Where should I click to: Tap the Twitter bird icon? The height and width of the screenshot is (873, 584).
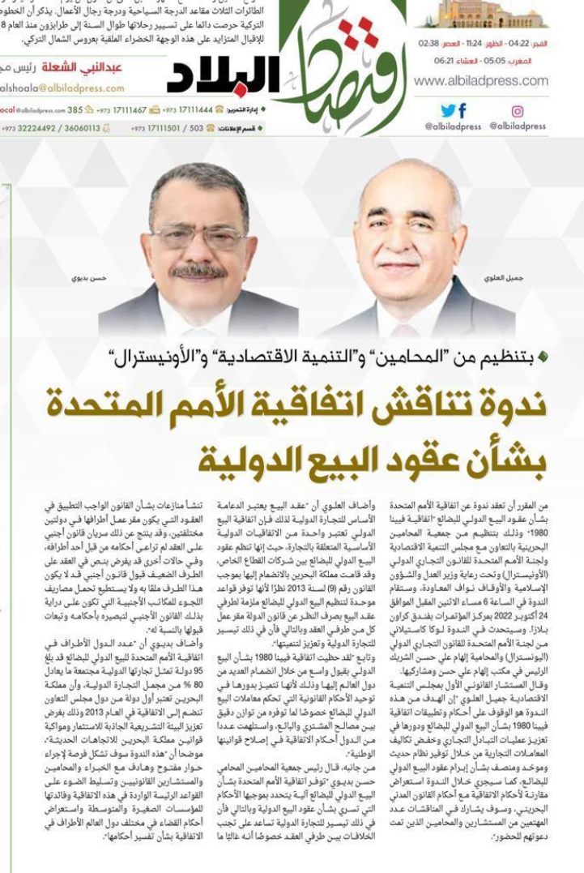click(447, 111)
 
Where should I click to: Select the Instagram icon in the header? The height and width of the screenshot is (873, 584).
click(517, 111)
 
